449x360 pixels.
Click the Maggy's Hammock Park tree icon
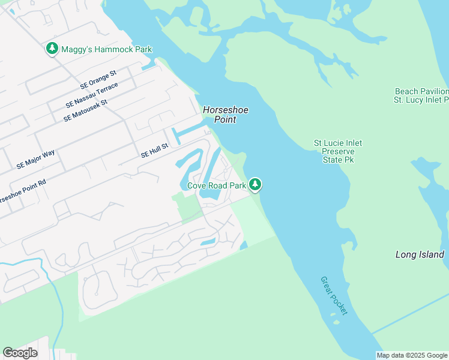tap(52, 49)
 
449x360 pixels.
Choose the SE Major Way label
tap(36, 159)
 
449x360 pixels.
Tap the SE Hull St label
tap(154, 154)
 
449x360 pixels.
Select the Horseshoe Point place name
tap(226, 115)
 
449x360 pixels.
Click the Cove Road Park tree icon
tap(256, 185)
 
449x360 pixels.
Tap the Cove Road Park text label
tap(217, 185)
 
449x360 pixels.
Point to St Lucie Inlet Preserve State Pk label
tap(338, 152)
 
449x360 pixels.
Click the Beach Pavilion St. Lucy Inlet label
tap(421, 95)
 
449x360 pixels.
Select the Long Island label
tap(420, 254)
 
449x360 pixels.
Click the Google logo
tap(20, 352)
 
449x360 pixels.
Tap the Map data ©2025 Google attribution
tap(412, 355)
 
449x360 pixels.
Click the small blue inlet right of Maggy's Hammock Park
tap(149, 66)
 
